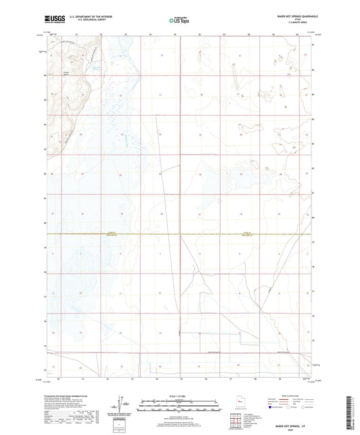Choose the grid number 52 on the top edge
point(101,33)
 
